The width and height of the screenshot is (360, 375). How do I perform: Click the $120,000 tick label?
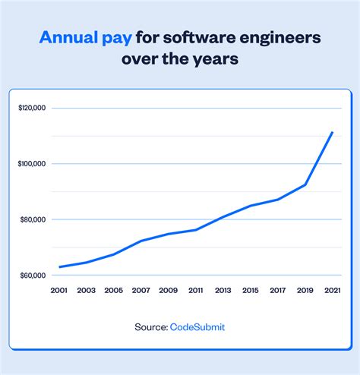[33, 108]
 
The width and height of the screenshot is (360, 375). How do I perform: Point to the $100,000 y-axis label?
[33, 164]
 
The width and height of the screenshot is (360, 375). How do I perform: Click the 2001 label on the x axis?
[58, 291]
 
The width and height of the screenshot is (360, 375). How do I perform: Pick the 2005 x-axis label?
[113, 291]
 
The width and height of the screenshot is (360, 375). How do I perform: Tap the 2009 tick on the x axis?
[168, 291]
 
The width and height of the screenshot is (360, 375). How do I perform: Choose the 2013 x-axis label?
[223, 291]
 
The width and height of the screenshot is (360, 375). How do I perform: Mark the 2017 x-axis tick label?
[277, 291]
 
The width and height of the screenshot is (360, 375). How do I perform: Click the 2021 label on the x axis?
[332, 291]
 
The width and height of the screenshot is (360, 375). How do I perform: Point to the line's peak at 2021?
[333, 132]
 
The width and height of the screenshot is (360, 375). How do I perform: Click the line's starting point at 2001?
[59, 267]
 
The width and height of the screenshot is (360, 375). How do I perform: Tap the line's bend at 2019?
[305, 184]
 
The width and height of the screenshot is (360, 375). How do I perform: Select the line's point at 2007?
[141, 241]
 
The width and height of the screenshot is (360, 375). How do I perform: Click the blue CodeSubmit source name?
[197, 326]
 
